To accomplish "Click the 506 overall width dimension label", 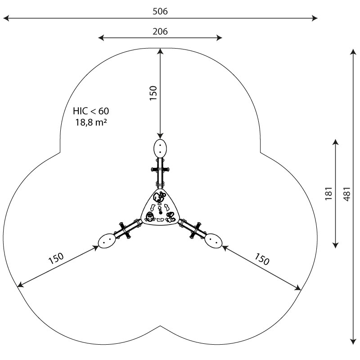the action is [160, 11].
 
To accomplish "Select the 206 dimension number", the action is [160, 31].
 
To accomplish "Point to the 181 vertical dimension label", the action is [328, 193].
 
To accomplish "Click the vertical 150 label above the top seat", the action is [153, 93].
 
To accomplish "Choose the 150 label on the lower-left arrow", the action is [56, 258].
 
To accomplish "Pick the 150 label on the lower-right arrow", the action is [262, 259].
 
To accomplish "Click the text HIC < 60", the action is [91, 111].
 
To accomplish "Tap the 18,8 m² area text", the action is [91, 122].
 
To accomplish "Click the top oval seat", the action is [160, 148].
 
